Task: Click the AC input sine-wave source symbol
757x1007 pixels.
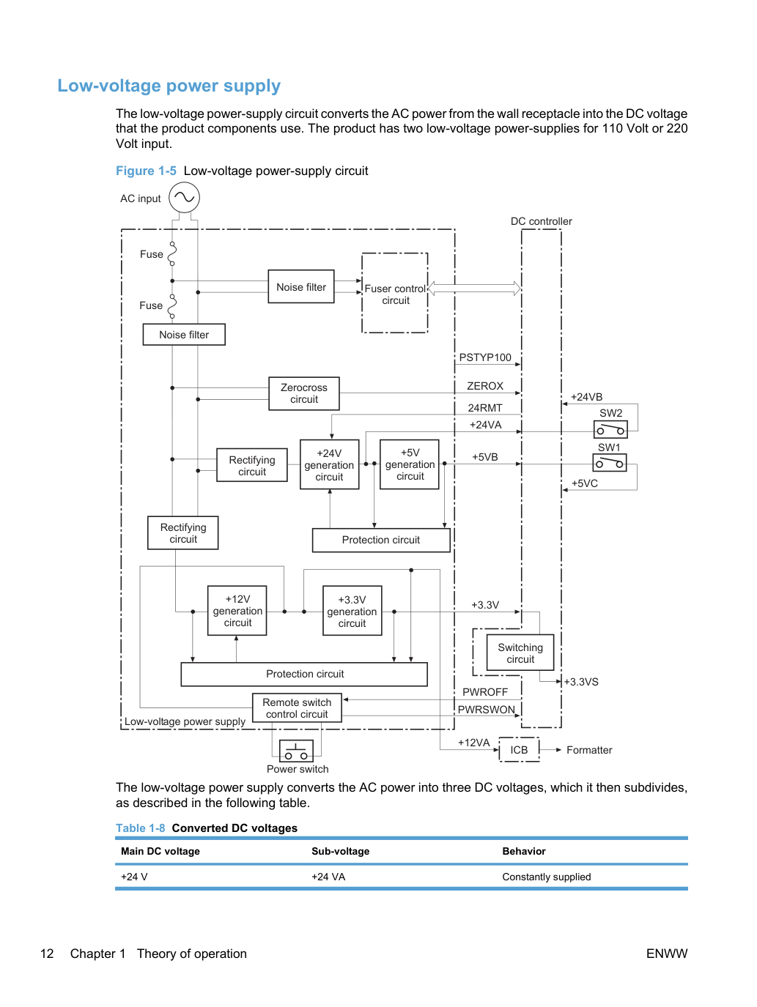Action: pos(184,197)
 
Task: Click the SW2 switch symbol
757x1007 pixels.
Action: pos(610,430)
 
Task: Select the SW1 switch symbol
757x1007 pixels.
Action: pos(610,463)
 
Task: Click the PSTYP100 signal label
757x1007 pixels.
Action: pos(485,357)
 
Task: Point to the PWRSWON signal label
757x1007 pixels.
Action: pos(487,710)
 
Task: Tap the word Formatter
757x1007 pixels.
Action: pos(589,750)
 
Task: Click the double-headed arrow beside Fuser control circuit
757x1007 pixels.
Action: pos(474,289)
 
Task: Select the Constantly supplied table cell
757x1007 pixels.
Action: pos(546,877)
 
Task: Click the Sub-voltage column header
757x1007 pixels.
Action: pos(340,851)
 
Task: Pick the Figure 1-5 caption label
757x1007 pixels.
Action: pos(146,171)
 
